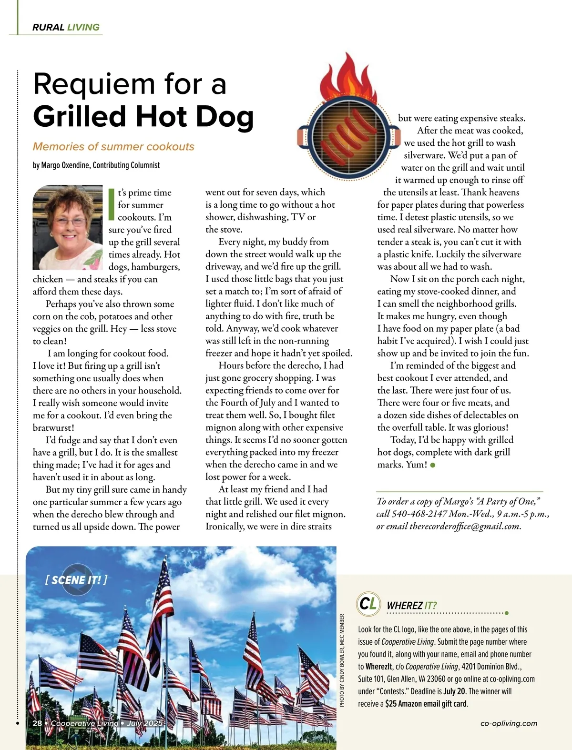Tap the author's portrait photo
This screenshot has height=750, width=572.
tap(68, 228)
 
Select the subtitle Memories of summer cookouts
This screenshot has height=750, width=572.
tap(113, 147)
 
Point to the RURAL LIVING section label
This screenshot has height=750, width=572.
tap(66, 27)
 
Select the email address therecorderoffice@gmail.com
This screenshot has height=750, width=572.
tap(464, 526)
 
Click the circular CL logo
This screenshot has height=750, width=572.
tap(368, 603)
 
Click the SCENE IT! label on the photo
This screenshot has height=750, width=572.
tap(76, 580)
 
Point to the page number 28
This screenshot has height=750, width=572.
tap(37, 723)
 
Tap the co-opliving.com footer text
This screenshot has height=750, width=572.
tap(509, 723)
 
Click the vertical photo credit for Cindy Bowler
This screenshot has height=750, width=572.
tap(342, 660)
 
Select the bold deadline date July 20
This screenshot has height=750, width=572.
tap(455, 691)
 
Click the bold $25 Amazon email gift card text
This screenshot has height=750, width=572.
tap(426, 704)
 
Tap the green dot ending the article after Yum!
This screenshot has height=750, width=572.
tap(433, 465)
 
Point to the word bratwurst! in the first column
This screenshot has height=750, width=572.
tap(53, 427)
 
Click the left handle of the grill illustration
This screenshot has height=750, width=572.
tap(304, 137)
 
